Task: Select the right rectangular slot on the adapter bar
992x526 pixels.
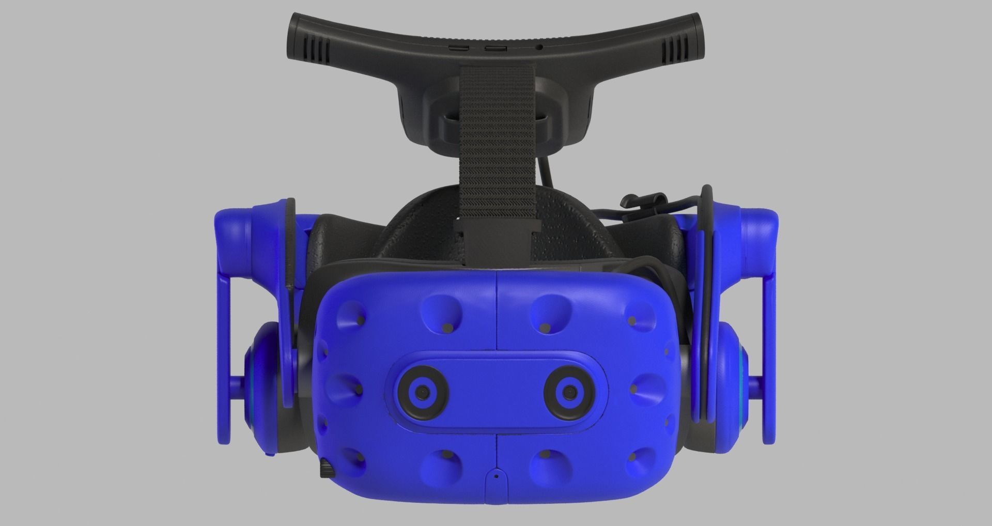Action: click(x=494, y=48)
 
